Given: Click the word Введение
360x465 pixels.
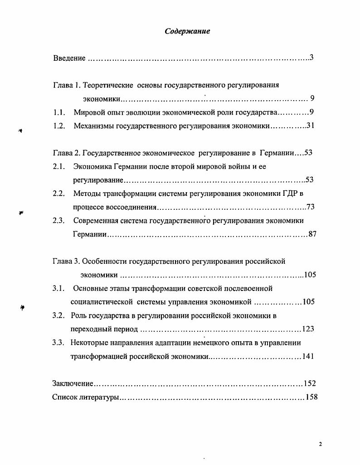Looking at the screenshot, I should [69, 58].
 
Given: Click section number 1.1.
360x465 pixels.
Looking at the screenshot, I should [59, 112].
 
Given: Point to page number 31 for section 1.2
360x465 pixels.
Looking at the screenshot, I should [310, 126].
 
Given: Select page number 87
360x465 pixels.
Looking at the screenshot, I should [312, 234].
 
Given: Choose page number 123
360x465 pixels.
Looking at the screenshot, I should [308, 329].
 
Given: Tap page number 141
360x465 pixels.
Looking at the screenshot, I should [308, 356].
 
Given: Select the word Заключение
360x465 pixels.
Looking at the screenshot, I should [73, 383].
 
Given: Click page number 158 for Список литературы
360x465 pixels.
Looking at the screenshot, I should [312, 397].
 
